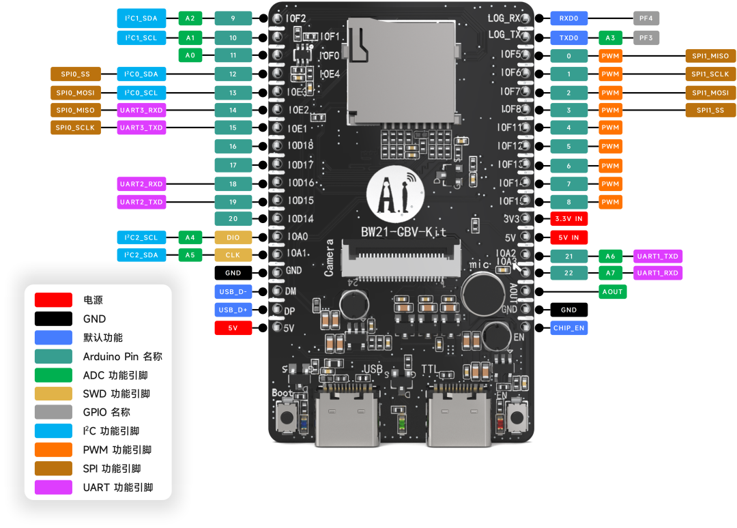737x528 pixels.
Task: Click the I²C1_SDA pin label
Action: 141,19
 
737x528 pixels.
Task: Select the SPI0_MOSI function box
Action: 75,93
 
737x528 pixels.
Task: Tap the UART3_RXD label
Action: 141,110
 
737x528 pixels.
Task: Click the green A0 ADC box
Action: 190,55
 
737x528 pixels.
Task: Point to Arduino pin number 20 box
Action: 233,219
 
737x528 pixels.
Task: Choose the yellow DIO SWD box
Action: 233,237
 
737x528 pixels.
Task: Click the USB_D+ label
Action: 233,310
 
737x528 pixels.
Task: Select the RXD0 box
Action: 568,19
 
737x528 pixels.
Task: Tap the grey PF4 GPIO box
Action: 646,19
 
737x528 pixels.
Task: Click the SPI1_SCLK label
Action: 710,74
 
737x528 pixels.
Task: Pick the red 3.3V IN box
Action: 568,219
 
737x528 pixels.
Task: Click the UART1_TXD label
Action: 658,256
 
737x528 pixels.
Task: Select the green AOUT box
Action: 612,291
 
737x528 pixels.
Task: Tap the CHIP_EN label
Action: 568,328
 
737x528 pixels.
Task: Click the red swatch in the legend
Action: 54,299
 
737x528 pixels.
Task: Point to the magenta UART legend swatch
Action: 54,487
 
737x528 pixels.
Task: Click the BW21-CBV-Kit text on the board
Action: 404,232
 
